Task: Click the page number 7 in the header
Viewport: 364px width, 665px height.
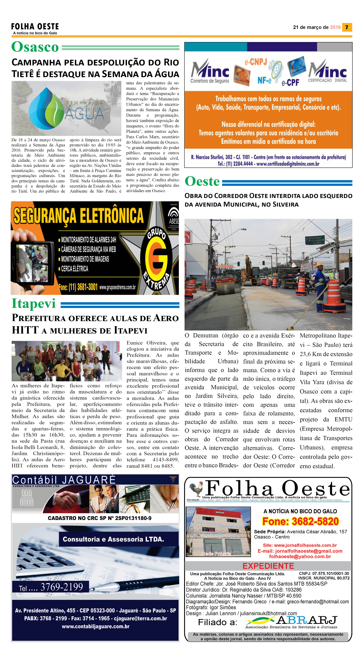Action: pos(347,27)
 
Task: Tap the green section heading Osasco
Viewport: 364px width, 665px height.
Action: pos(35,47)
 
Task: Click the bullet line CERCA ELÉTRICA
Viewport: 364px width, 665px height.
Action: pos(74,269)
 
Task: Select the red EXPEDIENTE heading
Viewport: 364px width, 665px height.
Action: pos(268,566)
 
